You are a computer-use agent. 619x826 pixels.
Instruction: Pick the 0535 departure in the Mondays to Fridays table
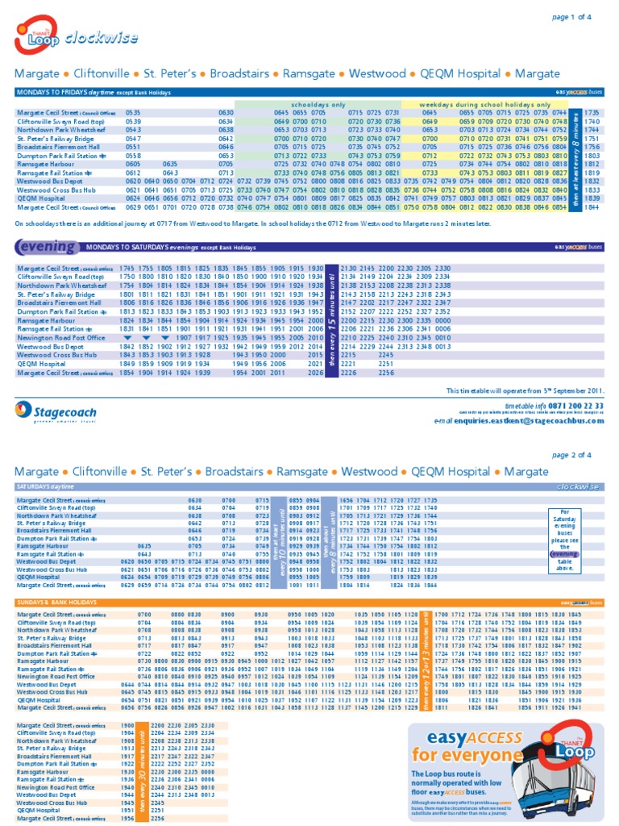(133, 113)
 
